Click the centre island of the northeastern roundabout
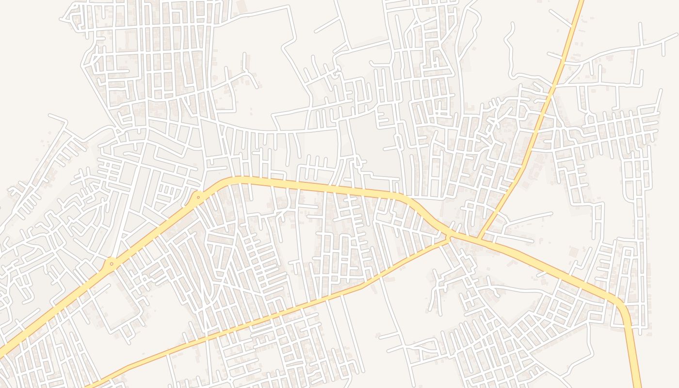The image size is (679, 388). [198, 197]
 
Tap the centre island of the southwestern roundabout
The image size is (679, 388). [112, 264]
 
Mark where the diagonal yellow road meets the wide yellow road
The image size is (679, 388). [479, 240]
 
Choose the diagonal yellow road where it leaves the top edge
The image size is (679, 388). [581, 2]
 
